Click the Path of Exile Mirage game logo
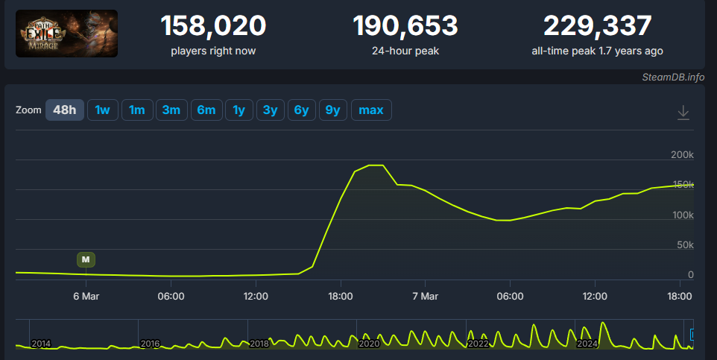click(66, 34)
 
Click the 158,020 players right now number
click(213, 26)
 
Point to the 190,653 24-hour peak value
click(405, 26)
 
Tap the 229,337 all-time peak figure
click(597, 26)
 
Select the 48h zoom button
click(65, 110)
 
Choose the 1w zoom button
click(102, 110)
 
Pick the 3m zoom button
click(171, 110)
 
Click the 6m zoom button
click(206, 110)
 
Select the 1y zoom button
click(239, 110)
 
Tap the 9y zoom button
click(333, 110)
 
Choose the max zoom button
click(370, 110)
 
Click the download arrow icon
click(683, 113)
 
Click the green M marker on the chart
click(86, 259)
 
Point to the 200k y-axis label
click(682, 155)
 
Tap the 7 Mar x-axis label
click(425, 296)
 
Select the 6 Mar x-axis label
click(86, 296)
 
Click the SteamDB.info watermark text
click(673, 77)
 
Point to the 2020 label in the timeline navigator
click(369, 344)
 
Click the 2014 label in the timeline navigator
click(41, 344)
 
